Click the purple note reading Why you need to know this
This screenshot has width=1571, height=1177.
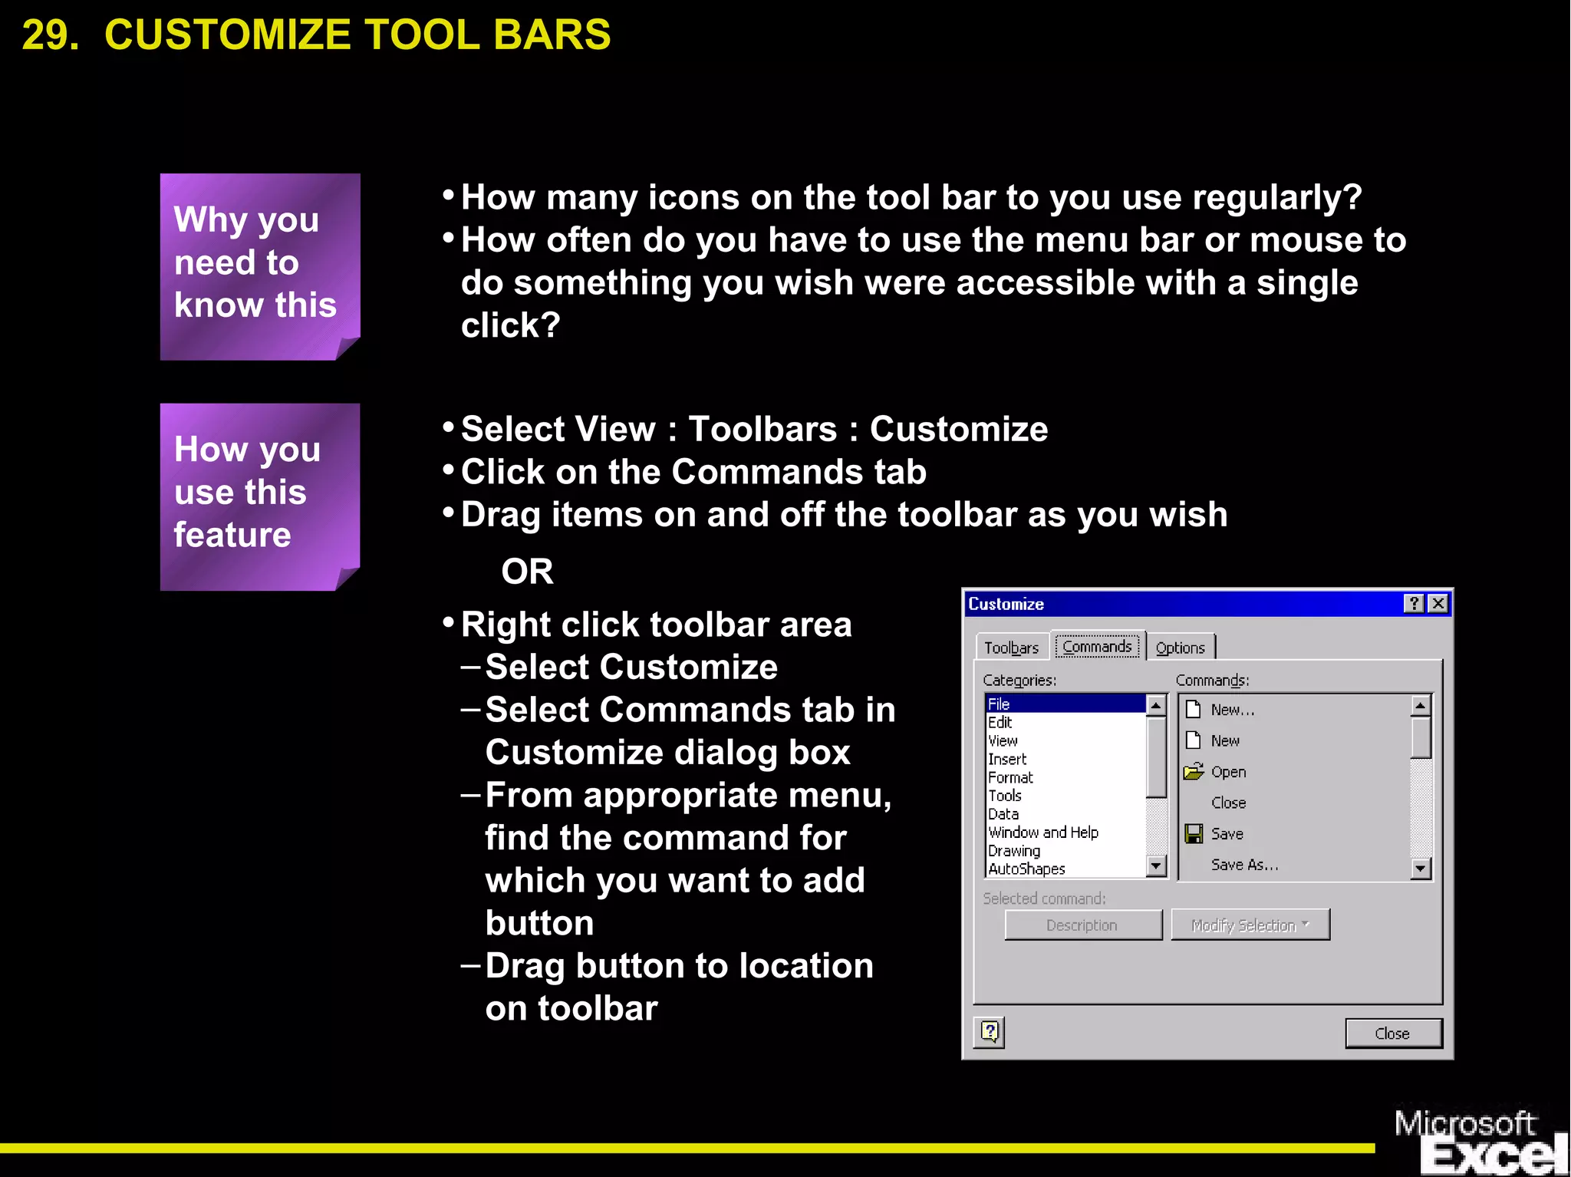pyautogui.click(x=259, y=265)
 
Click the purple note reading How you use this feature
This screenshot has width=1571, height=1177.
pyautogui.click(x=259, y=496)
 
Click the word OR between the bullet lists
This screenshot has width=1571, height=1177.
pyautogui.click(x=527, y=572)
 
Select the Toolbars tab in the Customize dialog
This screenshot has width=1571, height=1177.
pyautogui.click(x=1011, y=648)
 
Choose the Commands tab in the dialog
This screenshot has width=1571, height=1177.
pyautogui.click(x=1097, y=646)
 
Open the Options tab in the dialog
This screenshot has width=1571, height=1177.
pyautogui.click(x=1180, y=648)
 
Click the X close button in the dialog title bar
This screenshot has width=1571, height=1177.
pyautogui.click(x=1438, y=604)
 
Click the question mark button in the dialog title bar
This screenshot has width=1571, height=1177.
pyautogui.click(x=1414, y=604)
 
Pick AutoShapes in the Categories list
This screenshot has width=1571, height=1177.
pyautogui.click(x=1026, y=869)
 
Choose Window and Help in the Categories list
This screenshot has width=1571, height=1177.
pyautogui.click(x=1042, y=832)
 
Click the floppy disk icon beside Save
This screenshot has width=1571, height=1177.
pyautogui.click(x=1194, y=833)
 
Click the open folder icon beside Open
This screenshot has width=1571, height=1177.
pyautogui.click(x=1194, y=771)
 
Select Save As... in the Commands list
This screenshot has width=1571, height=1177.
pyautogui.click(x=1243, y=865)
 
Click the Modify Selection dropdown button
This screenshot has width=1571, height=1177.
pyautogui.click(x=1250, y=925)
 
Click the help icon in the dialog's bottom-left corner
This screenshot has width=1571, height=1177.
pyautogui.click(x=990, y=1032)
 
